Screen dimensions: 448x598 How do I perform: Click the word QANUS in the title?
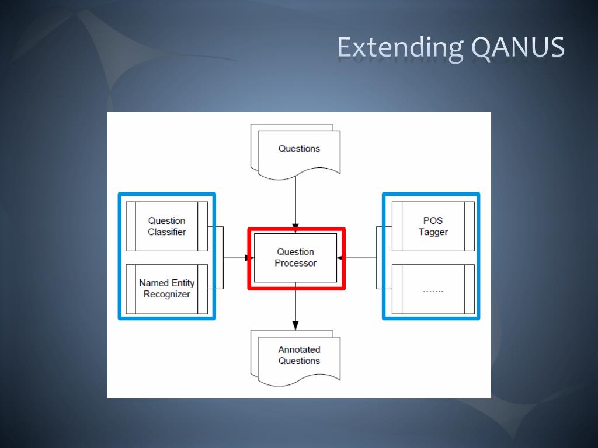[518, 48]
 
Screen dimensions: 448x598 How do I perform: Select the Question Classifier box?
[167, 226]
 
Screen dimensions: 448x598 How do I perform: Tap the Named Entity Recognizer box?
[167, 289]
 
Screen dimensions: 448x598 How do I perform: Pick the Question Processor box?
[295, 258]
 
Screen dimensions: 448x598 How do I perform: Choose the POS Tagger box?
[433, 226]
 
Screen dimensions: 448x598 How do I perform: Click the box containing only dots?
[433, 289]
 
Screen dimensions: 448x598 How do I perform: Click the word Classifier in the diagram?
[167, 232]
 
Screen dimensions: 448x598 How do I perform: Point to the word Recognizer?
[167, 295]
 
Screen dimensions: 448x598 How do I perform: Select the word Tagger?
[433, 232]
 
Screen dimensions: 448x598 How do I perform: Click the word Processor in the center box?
[295, 264]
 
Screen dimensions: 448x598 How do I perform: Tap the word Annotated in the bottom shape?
[299, 350]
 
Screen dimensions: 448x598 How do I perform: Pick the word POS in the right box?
[433, 221]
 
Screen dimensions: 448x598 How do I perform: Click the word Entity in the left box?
[182, 283]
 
